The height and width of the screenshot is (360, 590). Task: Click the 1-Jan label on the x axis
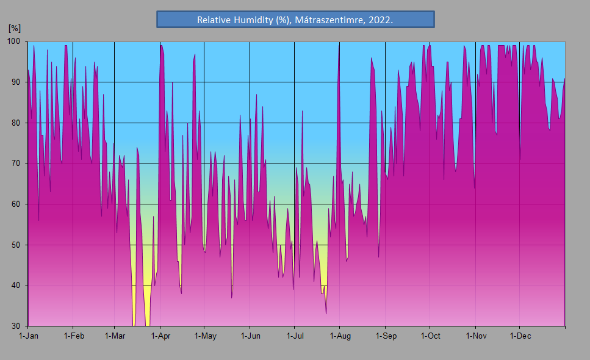coord(29,336)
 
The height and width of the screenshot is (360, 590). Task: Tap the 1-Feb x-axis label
coord(73,336)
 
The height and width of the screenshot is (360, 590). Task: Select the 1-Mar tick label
coord(115,336)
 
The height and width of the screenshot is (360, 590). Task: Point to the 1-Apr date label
coord(160,336)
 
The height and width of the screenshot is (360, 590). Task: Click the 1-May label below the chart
coord(205,336)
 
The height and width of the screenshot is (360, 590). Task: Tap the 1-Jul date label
coord(295,336)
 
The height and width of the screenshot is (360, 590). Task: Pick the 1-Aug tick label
coord(340,336)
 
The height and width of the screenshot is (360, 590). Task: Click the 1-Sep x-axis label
coord(386,336)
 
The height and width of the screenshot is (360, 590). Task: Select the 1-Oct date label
coord(430,336)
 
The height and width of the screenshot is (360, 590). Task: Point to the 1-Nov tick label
coord(476,336)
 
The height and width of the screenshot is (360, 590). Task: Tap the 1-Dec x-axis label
coord(520,336)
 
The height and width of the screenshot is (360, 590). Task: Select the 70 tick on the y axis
coord(16,164)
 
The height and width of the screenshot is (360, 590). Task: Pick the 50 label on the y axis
coord(16,245)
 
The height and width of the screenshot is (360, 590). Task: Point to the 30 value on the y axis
coord(16,326)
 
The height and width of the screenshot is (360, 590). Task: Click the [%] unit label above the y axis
coord(14,28)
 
